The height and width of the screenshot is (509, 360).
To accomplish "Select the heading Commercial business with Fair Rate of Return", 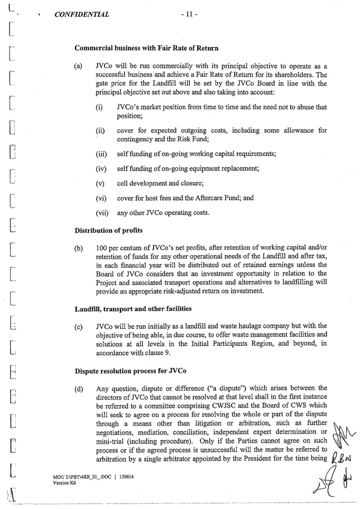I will [146, 48].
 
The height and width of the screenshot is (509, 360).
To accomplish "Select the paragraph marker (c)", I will [78, 326].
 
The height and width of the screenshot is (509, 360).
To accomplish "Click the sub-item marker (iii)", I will [101, 155].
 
